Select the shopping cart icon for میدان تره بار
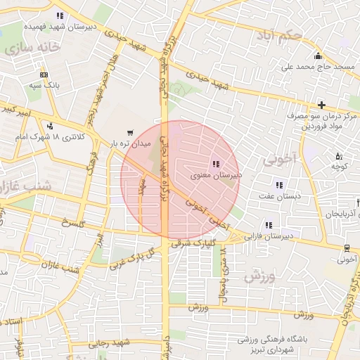point(129,132)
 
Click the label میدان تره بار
point(127,143)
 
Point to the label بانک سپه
point(44,85)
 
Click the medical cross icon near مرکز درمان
point(321,105)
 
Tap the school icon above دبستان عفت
point(279,186)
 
